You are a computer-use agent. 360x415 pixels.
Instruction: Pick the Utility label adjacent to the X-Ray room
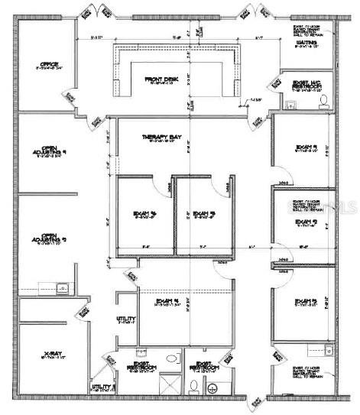pyautogui.click(x=102, y=387)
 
